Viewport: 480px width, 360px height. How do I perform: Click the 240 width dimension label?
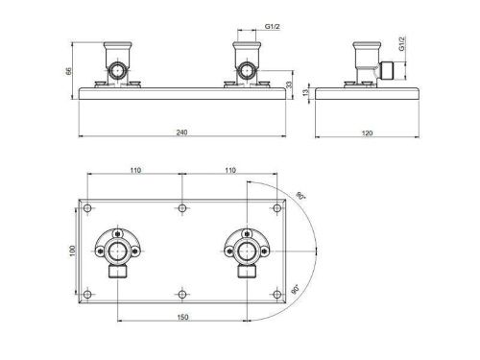(181, 132)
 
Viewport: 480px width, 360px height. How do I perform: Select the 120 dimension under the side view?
(367, 132)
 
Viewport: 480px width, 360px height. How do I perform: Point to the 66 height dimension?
(69, 71)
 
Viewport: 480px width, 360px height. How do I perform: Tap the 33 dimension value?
(289, 84)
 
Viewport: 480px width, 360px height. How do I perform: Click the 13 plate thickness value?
(306, 93)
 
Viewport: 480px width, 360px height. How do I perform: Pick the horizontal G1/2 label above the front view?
(272, 27)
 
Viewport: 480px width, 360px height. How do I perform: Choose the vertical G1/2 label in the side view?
(402, 43)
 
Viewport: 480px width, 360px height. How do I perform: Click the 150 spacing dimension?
(182, 317)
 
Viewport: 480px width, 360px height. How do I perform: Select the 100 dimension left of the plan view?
(72, 251)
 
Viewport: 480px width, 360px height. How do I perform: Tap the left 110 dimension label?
(135, 170)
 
